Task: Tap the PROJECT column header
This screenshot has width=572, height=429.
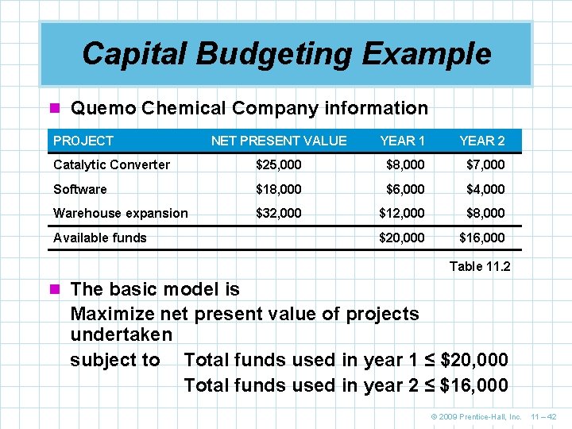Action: point(83,141)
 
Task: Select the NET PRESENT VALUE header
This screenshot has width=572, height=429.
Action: point(279,141)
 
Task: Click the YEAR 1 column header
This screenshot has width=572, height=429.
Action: point(402,141)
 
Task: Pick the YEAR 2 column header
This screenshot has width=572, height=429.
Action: point(482,141)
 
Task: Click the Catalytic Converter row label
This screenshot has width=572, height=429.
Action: point(111,164)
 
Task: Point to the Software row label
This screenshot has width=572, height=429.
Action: point(79,189)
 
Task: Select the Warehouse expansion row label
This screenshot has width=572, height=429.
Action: point(121,213)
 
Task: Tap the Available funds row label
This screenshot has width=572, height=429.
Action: point(100,238)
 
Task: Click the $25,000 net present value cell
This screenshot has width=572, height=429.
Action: point(278,164)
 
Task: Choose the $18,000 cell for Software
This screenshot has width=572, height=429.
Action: point(278,189)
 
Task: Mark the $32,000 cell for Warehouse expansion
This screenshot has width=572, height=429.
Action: point(278,213)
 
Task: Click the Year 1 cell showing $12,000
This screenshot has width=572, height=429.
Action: point(402,213)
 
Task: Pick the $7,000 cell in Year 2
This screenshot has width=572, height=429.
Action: point(482,164)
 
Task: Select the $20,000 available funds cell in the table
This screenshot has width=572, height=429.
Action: point(402,238)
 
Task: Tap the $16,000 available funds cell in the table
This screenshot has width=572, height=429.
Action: point(482,238)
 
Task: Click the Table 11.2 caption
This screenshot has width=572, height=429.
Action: point(480,266)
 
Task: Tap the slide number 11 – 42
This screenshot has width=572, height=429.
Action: point(545,416)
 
